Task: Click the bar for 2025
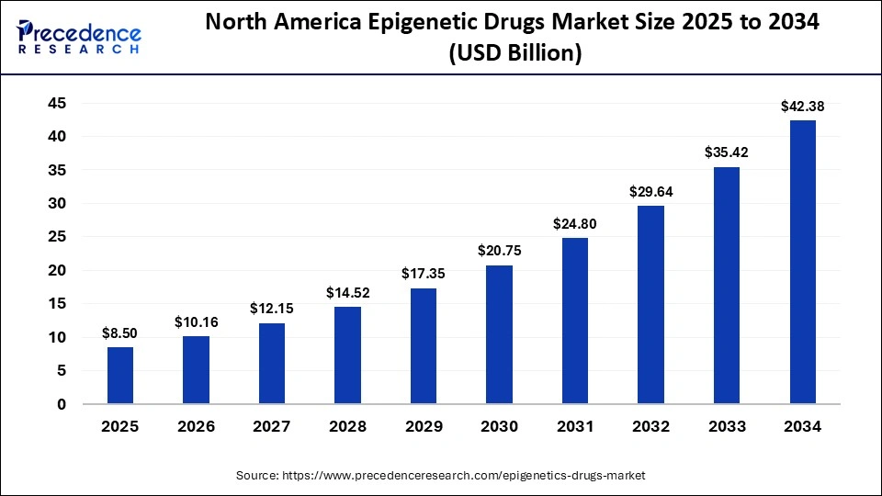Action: [120, 376]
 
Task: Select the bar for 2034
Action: [802, 262]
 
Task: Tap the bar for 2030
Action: [499, 334]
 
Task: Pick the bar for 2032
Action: [650, 305]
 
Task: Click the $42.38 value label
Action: [802, 107]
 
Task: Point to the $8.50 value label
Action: [120, 333]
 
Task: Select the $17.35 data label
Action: [424, 274]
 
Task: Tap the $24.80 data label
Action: [575, 223]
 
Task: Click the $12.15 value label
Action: [272, 309]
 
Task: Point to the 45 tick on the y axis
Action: [57, 103]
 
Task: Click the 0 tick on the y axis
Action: [62, 404]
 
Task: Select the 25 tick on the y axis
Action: [57, 237]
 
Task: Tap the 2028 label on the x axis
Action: [347, 427]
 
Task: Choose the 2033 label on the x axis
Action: [727, 427]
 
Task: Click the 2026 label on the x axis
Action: [196, 427]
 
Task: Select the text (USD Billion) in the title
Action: [514, 54]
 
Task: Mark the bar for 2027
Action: [272, 364]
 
